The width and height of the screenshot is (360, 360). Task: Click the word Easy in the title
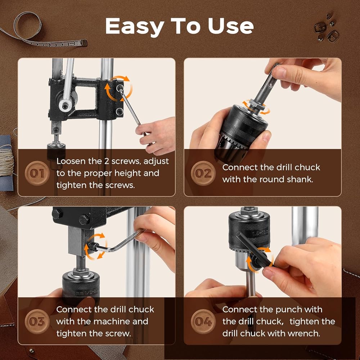pos(135,26)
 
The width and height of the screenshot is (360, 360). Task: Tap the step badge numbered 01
pos(37,174)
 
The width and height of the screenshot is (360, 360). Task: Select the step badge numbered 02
pos(203,174)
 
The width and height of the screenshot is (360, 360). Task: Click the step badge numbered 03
pos(37,321)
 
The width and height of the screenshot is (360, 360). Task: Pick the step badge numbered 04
pos(203,321)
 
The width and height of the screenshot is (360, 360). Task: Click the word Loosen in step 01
pos(71,161)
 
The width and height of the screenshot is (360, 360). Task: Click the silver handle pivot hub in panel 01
pos(65,105)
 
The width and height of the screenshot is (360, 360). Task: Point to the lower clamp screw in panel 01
pos(120,112)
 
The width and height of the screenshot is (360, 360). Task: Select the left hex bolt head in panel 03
pos(57,214)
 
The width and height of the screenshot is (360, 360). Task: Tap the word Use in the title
pos(230,26)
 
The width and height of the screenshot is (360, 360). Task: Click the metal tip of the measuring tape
pos(84,43)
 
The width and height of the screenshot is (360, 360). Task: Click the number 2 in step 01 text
pos(107,161)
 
